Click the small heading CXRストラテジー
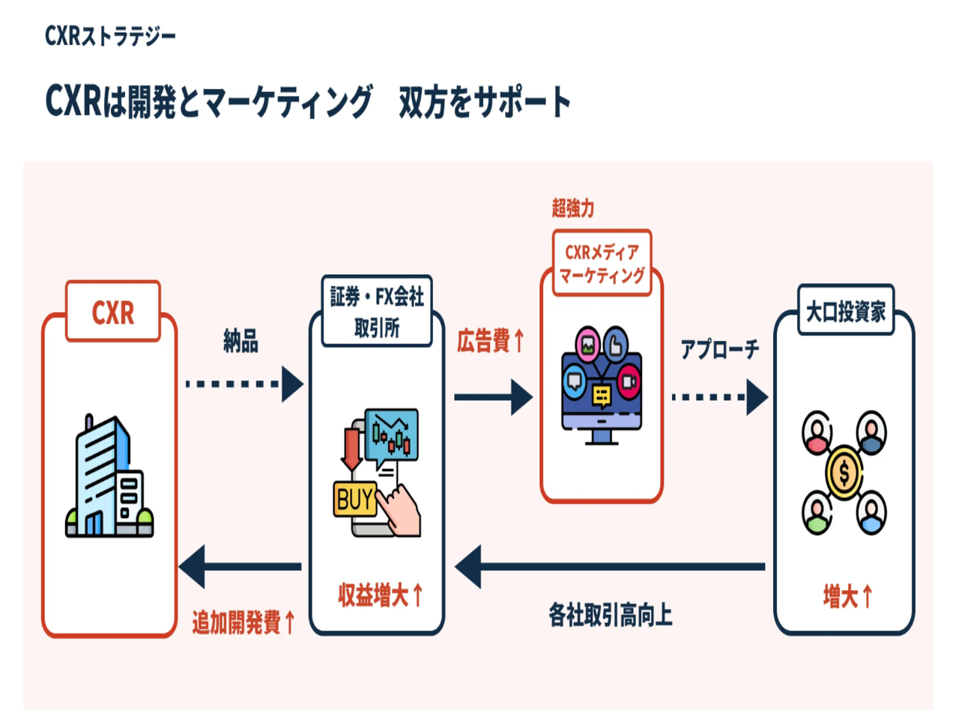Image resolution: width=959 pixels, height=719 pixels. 110,35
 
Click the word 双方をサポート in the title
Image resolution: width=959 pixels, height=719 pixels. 485,102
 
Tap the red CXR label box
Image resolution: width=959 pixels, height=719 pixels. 113,312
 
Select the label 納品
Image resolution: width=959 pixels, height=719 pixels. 240,342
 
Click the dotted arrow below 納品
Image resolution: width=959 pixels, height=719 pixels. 243,384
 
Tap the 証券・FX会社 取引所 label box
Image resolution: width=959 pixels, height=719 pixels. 377,312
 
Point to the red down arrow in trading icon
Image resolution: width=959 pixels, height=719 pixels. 351,448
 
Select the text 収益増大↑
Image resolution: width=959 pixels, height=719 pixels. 381,595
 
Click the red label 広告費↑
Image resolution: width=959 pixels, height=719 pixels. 491,341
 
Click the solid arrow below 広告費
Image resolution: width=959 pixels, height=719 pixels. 492,397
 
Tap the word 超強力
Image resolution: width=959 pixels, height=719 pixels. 573,208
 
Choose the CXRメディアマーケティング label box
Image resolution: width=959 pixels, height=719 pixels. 602,264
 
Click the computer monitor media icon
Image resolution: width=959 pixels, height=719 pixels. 602,386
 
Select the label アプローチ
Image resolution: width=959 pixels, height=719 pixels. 719,349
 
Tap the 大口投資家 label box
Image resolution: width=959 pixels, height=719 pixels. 845,311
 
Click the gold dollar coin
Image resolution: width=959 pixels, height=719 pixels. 844,473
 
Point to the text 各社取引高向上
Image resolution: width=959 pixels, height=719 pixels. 610,616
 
